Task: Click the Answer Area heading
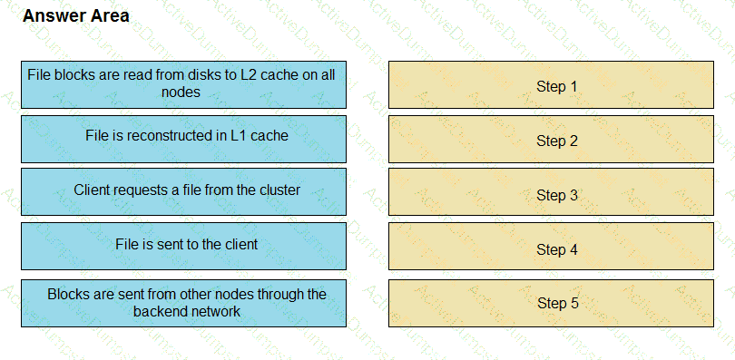[x=75, y=16]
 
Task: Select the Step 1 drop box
[x=551, y=85]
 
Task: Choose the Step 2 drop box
[x=551, y=140]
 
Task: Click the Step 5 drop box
[x=551, y=302]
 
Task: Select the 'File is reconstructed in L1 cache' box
[x=183, y=137]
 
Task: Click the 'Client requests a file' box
[x=183, y=191]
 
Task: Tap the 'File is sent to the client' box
[x=183, y=245]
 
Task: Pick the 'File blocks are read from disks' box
[x=183, y=83]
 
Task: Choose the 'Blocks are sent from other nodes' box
[x=183, y=302]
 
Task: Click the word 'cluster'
[x=279, y=191]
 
